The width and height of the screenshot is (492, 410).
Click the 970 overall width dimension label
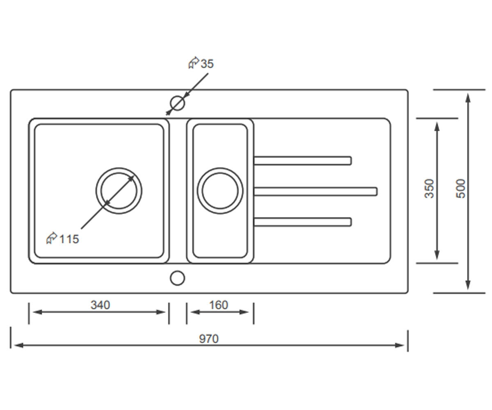(209, 339)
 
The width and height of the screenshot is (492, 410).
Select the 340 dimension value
(100, 305)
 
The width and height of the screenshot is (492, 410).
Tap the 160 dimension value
(219, 305)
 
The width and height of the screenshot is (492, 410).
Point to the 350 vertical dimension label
(429, 189)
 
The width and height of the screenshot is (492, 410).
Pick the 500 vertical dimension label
(461, 189)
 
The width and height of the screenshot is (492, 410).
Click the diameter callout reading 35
(201, 63)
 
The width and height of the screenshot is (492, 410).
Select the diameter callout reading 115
(62, 239)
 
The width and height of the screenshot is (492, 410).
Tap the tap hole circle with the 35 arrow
(178, 103)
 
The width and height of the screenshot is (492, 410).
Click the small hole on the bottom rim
(178, 278)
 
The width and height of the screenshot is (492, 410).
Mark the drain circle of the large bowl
(119, 168)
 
